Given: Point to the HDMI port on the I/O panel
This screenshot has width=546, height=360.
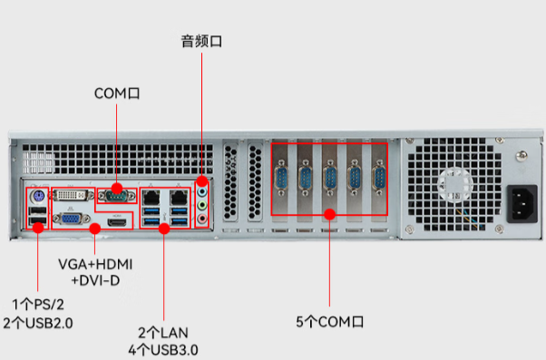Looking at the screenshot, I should pyautogui.click(x=115, y=219).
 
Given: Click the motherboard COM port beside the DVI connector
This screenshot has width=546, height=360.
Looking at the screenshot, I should pyautogui.click(x=116, y=193).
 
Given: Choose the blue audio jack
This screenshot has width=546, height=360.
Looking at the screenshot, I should pyautogui.click(x=201, y=191).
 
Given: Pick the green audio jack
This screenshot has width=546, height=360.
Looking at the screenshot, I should pyautogui.click(x=201, y=204).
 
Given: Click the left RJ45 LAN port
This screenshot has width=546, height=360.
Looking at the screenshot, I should pyautogui.click(x=153, y=195).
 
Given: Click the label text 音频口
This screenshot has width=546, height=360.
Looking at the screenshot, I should pyautogui.click(x=200, y=41).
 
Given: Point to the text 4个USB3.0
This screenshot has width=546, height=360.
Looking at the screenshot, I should pyautogui.click(x=163, y=349).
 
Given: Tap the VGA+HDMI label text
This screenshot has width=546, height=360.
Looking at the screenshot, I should pyautogui.click(x=95, y=264).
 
